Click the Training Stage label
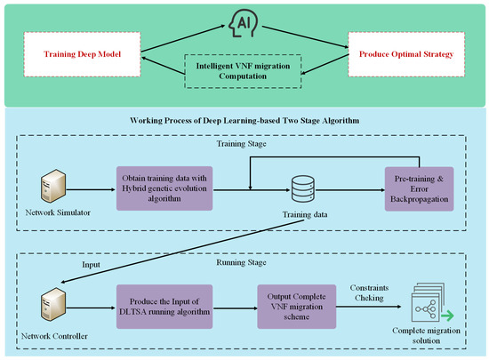tap(243, 143)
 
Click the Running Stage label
tap(243, 264)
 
